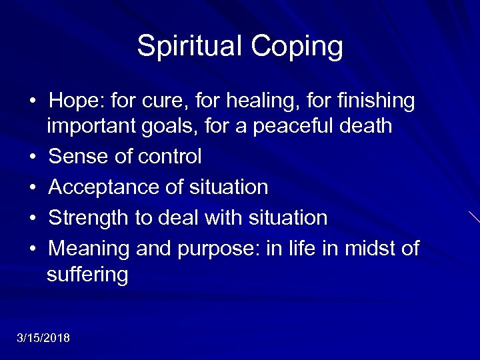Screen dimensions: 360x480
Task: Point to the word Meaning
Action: coord(89,249)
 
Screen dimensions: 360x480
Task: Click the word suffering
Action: coord(87,274)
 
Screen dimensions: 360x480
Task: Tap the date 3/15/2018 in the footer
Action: coord(43,338)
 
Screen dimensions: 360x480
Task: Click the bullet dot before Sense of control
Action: coord(33,157)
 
